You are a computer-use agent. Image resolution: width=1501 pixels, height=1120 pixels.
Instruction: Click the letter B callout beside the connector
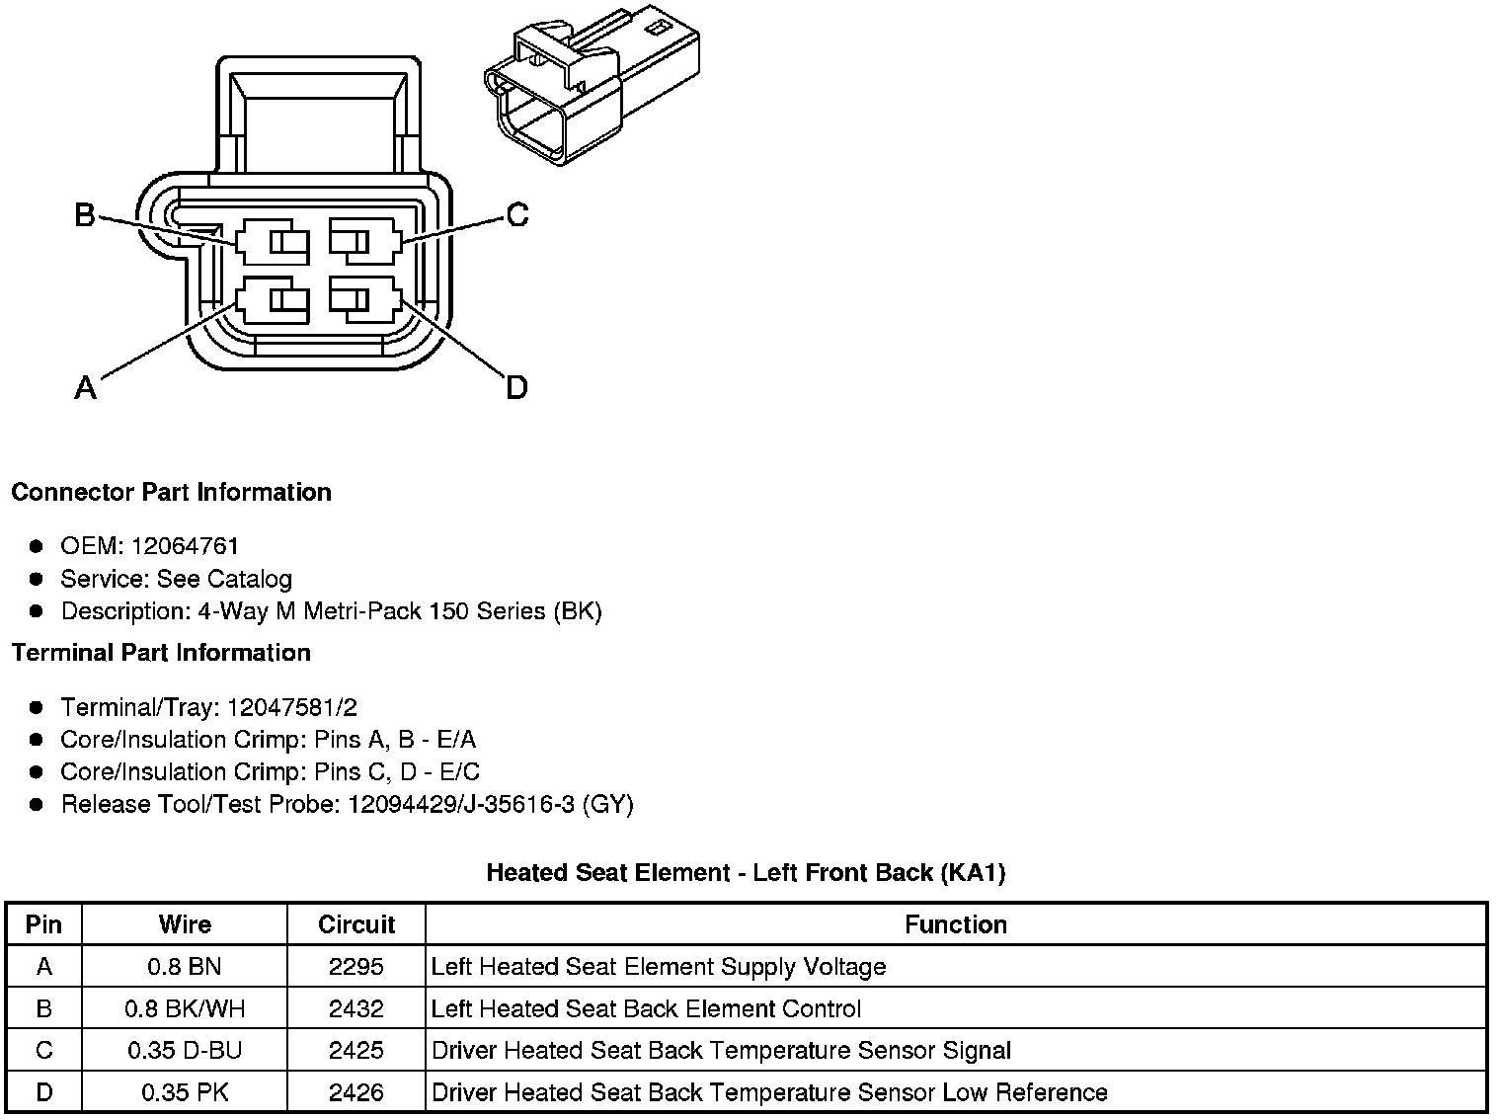pyautogui.click(x=85, y=214)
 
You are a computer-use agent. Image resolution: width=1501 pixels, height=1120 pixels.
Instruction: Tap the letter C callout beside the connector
pyautogui.click(x=516, y=214)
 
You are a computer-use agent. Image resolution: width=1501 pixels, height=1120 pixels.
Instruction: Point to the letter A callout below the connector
pyautogui.click(x=86, y=388)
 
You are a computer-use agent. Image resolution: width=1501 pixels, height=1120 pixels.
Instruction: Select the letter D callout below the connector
pyautogui.click(x=516, y=388)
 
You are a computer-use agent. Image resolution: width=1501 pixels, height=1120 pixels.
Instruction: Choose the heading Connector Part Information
pyautogui.click(x=171, y=492)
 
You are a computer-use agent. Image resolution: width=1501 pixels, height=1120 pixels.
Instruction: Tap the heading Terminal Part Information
pyautogui.click(x=161, y=653)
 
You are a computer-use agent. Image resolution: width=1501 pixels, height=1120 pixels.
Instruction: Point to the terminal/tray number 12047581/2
pyautogui.click(x=292, y=707)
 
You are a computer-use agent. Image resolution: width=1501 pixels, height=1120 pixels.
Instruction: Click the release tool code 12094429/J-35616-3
pyautogui.click(x=460, y=804)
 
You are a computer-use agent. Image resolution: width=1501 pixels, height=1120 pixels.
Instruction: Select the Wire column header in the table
pyautogui.click(x=185, y=924)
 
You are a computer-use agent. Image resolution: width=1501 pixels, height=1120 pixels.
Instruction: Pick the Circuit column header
pyautogui.click(x=356, y=924)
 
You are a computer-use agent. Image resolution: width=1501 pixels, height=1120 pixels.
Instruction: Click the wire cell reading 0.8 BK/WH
pyautogui.click(x=185, y=1008)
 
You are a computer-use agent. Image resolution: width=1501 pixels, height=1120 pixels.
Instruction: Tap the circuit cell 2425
pyautogui.click(x=356, y=1050)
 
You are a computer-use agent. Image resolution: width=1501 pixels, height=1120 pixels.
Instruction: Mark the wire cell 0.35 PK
pyautogui.click(x=185, y=1092)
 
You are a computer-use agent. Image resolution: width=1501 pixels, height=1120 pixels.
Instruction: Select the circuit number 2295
pyautogui.click(x=356, y=966)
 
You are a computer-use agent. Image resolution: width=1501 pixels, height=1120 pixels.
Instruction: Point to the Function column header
pyautogui.click(x=956, y=924)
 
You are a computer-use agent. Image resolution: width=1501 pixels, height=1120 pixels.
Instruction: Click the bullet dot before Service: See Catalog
pyautogui.click(x=37, y=579)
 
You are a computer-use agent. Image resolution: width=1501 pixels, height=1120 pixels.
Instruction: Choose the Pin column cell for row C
pyautogui.click(x=43, y=1050)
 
